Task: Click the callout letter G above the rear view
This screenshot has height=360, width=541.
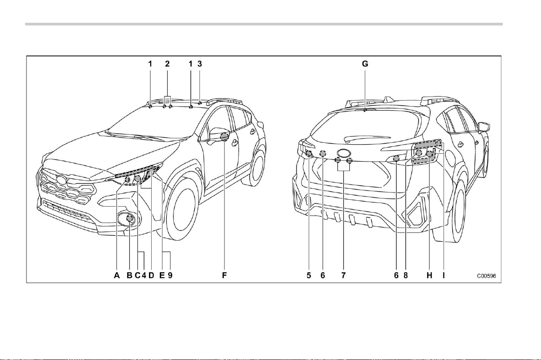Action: (x=365, y=64)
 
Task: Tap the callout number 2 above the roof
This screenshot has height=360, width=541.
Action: (x=167, y=64)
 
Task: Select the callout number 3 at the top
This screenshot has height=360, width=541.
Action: (x=200, y=64)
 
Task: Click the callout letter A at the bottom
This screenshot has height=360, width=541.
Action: (x=117, y=275)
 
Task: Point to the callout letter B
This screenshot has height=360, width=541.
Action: (x=129, y=275)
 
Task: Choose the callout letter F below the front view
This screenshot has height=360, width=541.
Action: (x=224, y=275)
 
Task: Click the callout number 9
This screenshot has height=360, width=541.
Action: (x=170, y=275)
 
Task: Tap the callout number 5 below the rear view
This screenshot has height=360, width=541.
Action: (x=309, y=275)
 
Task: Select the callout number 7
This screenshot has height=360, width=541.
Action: (x=344, y=275)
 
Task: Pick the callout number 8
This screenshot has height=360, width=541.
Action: (x=406, y=275)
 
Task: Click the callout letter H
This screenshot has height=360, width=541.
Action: (x=429, y=275)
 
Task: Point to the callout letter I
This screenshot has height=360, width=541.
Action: (x=444, y=275)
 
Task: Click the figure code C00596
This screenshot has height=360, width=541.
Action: (x=486, y=276)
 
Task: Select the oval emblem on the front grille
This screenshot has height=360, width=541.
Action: (x=62, y=179)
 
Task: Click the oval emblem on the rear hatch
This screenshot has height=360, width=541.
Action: (x=344, y=153)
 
